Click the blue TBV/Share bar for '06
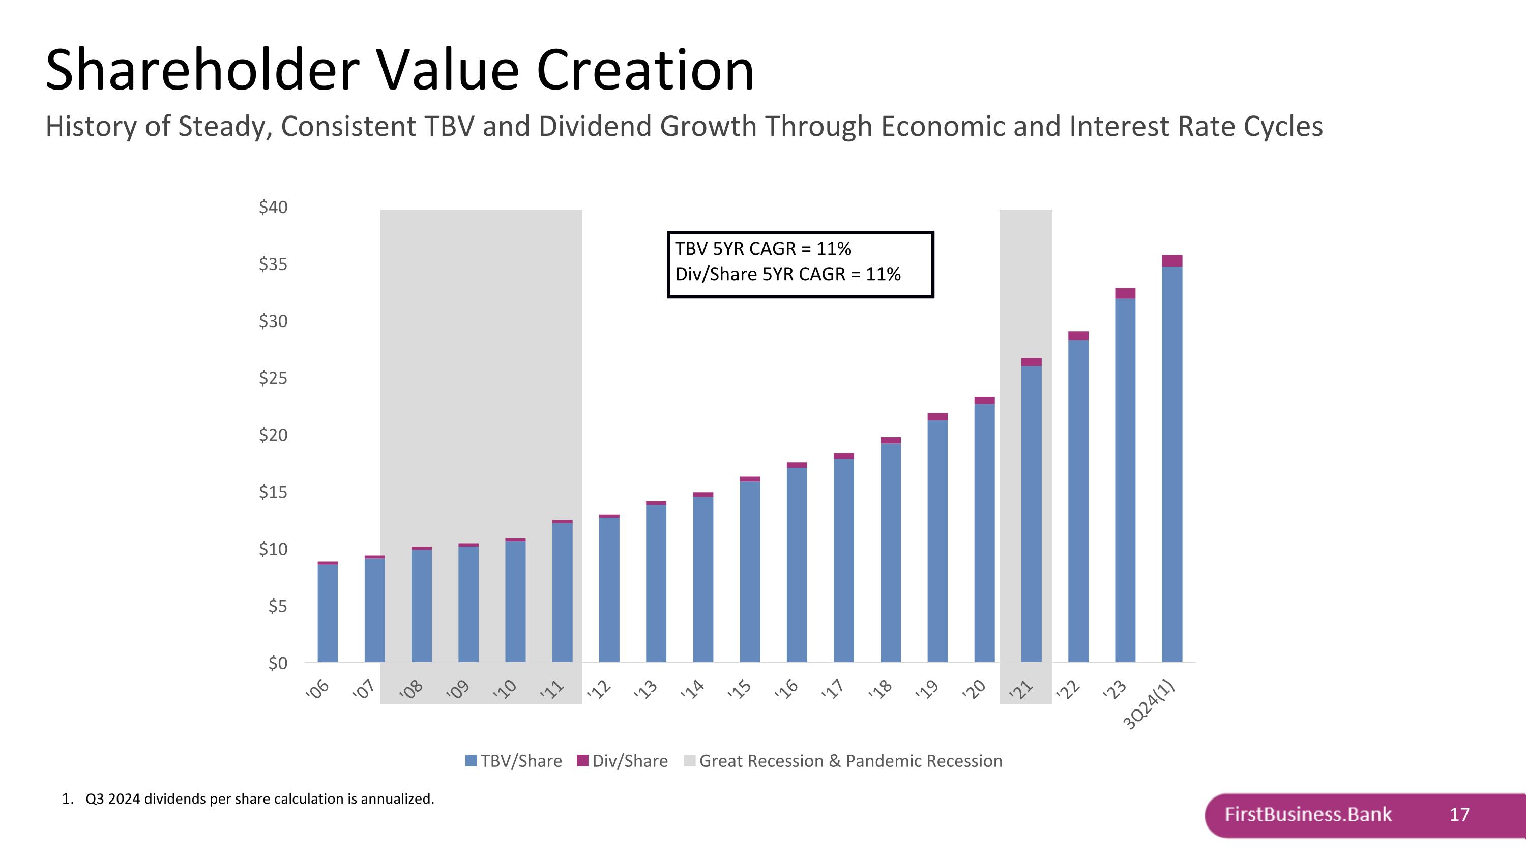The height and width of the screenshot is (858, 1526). (x=328, y=613)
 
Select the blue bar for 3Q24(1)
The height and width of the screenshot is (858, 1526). (x=1172, y=465)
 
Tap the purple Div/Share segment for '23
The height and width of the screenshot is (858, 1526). (x=1125, y=293)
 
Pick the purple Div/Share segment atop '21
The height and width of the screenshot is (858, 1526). (x=1032, y=362)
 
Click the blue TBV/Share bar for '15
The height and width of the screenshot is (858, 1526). (x=749, y=572)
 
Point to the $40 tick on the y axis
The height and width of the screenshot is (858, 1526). (x=273, y=207)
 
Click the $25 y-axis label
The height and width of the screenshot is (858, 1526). (x=273, y=378)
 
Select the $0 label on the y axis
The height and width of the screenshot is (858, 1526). (x=277, y=663)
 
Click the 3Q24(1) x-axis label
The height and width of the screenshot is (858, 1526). (x=1149, y=704)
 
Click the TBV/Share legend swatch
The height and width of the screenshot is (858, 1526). (x=471, y=761)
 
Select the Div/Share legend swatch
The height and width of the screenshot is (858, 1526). (x=582, y=761)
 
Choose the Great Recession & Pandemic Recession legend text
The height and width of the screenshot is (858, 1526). (x=850, y=761)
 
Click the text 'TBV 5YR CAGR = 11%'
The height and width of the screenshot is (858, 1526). (x=763, y=249)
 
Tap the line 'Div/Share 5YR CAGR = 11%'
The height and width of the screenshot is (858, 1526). (x=788, y=274)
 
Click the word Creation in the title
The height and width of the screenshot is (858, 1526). (x=645, y=71)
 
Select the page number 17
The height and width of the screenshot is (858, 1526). (x=1459, y=815)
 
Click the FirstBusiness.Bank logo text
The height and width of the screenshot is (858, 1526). (x=1308, y=815)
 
